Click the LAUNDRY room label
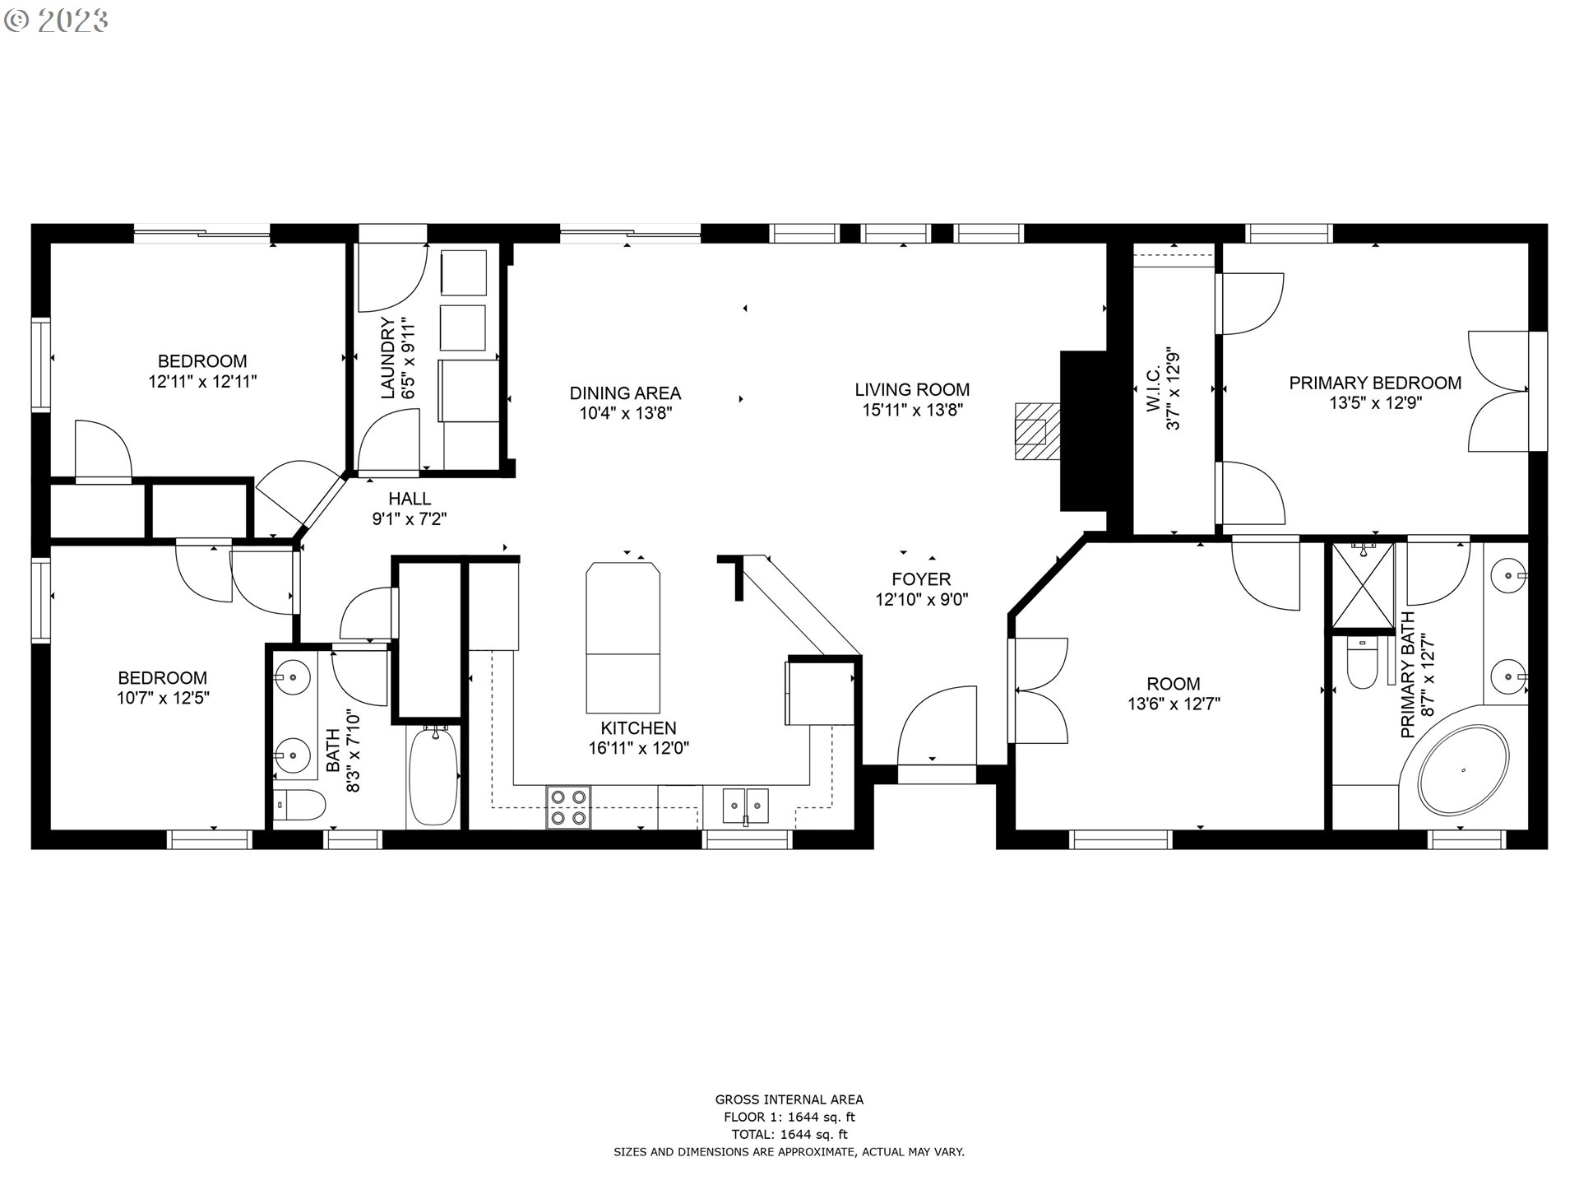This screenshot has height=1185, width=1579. (x=388, y=358)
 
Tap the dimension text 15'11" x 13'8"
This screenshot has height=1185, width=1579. (x=912, y=410)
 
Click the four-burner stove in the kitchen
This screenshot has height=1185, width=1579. (x=568, y=807)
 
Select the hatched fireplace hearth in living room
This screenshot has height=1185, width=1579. (x=1033, y=430)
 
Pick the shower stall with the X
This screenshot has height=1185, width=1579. (x=1363, y=584)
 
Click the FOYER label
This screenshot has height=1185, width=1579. (x=921, y=579)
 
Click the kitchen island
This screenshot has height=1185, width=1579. (x=623, y=637)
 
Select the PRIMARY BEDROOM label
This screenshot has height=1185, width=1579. (x=1374, y=383)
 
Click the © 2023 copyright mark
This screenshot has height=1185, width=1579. (x=56, y=21)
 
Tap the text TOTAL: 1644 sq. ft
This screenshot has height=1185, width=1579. (x=789, y=1135)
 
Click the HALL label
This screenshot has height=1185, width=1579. (x=410, y=499)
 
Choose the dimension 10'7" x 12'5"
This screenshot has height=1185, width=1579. (x=163, y=699)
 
